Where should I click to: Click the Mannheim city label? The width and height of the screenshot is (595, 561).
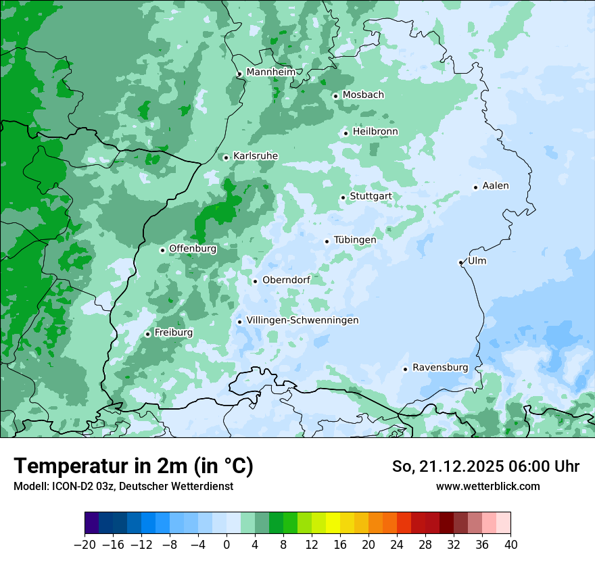click(270, 72)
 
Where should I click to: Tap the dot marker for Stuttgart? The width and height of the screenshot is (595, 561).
click(343, 197)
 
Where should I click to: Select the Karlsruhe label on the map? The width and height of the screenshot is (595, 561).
click(255, 156)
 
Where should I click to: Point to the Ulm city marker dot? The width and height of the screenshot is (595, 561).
click(460, 262)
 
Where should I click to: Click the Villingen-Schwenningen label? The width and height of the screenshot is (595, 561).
click(302, 320)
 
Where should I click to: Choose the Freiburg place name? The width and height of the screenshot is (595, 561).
click(173, 333)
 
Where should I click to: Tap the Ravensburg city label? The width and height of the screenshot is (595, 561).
click(440, 368)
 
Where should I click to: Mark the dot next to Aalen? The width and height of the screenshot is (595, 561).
click(475, 187)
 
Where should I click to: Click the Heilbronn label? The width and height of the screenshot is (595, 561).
click(375, 132)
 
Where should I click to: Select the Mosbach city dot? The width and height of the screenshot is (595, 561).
click(335, 96)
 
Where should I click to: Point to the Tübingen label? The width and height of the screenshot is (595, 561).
click(355, 240)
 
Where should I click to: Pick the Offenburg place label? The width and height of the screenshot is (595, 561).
click(193, 249)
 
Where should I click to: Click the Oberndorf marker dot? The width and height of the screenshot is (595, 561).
click(255, 281)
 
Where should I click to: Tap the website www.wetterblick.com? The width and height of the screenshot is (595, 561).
click(487, 487)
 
